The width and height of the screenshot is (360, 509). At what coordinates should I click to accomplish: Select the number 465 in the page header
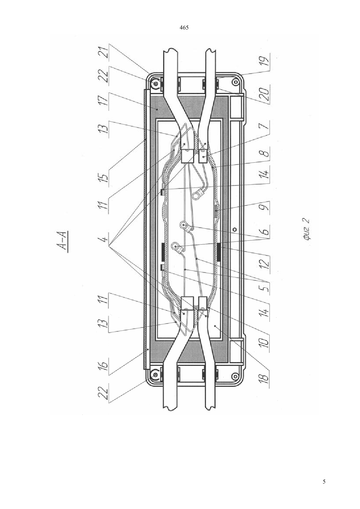(184, 28)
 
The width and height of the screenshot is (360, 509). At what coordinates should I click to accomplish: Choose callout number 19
(265, 59)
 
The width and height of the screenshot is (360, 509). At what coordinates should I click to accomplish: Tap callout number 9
(265, 207)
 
